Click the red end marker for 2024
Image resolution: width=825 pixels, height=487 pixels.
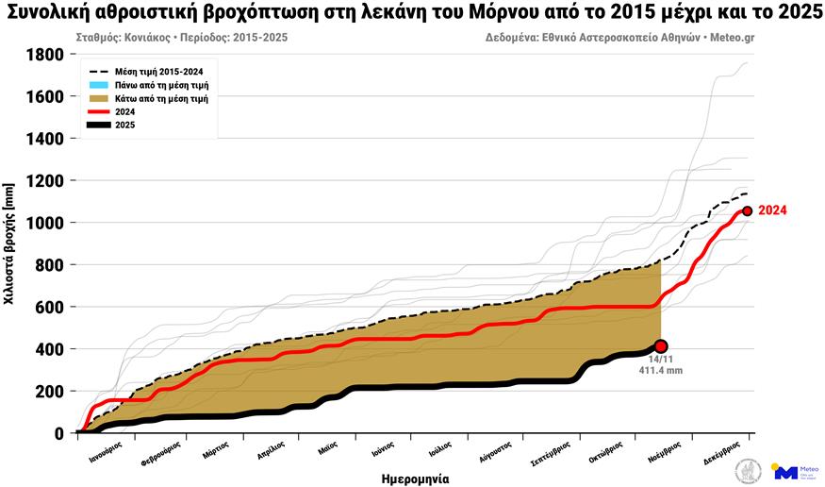(747, 211)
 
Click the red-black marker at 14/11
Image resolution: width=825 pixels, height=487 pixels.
(661, 346)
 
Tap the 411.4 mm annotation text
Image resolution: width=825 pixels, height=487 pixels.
(661, 371)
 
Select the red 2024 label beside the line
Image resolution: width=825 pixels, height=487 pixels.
(772, 210)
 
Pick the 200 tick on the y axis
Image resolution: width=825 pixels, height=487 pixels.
(49, 391)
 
